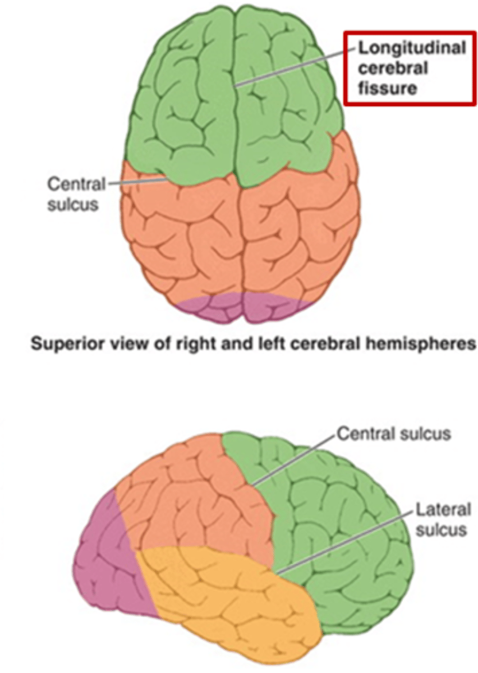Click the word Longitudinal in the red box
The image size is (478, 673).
click(x=412, y=48)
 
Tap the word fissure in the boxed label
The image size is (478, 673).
click(x=388, y=87)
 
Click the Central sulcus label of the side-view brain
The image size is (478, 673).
click(x=393, y=434)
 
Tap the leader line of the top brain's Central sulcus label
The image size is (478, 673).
click(x=137, y=182)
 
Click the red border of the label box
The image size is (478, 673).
click(x=345, y=67)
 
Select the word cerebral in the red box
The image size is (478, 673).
click(x=393, y=68)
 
